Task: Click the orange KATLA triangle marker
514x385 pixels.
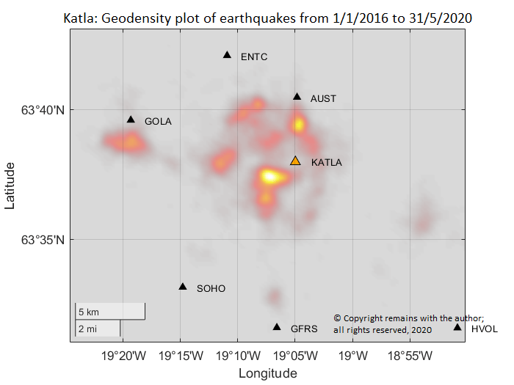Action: pos(295,161)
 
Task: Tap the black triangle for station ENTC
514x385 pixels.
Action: pos(227,55)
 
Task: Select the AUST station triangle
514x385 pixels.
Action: pos(297,97)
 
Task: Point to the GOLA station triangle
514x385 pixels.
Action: pos(131,120)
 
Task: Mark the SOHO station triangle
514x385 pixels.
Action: pos(183,287)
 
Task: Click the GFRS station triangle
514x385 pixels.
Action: pos(277,327)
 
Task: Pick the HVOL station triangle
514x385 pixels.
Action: pos(457,327)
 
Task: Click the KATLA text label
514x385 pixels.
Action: pos(327,162)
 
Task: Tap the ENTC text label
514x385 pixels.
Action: pos(254,56)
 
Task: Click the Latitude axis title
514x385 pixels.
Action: pos(10,186)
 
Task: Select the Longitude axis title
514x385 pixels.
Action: pos(267,373)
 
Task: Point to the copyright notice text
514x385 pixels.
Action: pos(408,324)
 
